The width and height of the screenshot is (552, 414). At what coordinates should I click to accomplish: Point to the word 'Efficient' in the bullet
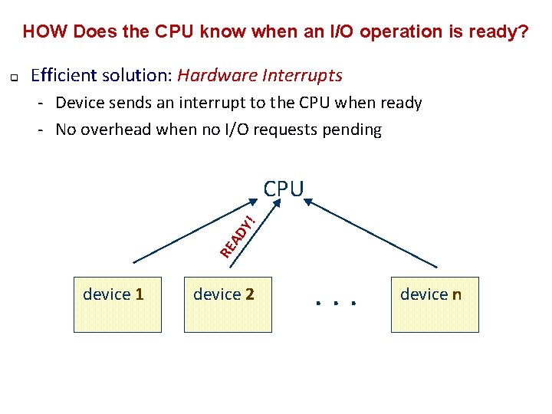63,75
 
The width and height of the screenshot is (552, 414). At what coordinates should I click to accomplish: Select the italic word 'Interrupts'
302,75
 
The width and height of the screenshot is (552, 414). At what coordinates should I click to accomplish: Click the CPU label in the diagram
284,189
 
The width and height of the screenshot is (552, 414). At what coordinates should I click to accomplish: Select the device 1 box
117,304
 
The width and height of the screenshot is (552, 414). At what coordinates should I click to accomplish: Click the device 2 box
228,304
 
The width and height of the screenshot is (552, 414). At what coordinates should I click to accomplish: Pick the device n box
434,304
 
